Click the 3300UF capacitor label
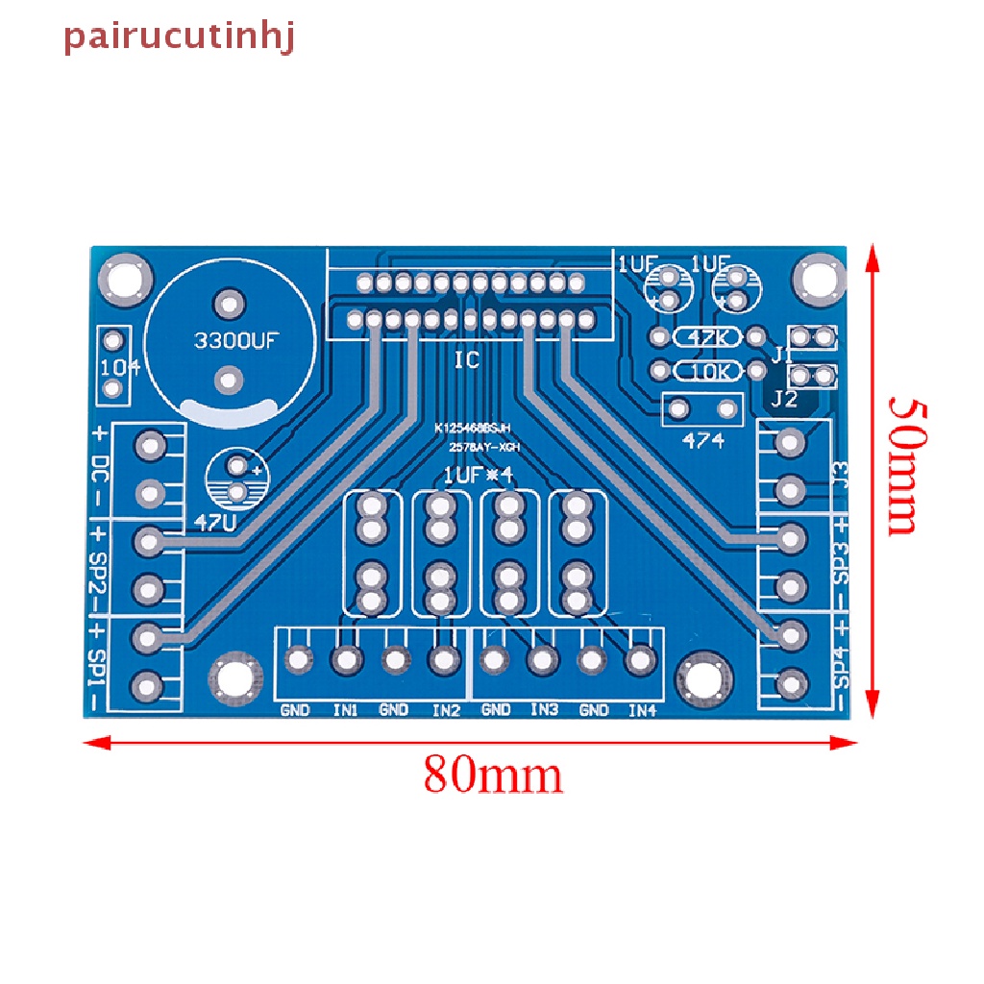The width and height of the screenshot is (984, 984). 235,340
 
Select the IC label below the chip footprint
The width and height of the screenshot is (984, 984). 467,361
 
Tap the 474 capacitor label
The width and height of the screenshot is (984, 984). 703,441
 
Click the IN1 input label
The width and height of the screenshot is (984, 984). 345,710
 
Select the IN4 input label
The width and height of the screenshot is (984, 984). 642,710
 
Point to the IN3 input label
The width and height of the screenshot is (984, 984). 544,710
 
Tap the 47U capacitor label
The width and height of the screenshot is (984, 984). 213,522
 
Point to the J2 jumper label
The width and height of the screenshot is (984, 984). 784,399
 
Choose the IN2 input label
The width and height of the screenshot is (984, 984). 445,710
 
